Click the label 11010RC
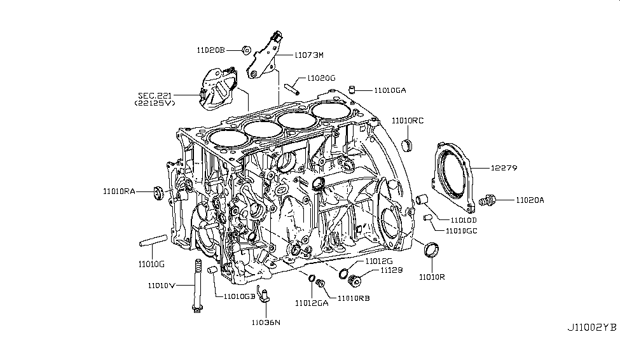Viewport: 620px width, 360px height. (x=408, y=120)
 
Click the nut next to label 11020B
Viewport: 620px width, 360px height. (x=246, y=48)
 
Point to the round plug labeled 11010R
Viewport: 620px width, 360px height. (x=432, y=249)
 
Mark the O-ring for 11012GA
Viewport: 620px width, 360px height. (x=311, y=278)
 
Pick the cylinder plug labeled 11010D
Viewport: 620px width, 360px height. (x=421, y=202)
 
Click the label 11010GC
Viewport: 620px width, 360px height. (x=462, y=231)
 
